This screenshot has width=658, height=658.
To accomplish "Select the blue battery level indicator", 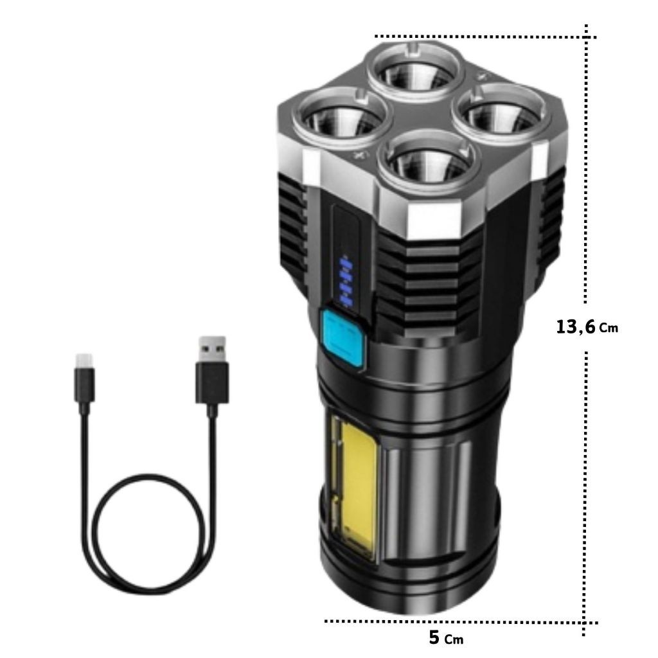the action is (346, 282).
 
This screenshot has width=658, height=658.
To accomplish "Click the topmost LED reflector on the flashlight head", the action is (416, 72).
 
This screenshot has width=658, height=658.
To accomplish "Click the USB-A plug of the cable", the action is (212, 369).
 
